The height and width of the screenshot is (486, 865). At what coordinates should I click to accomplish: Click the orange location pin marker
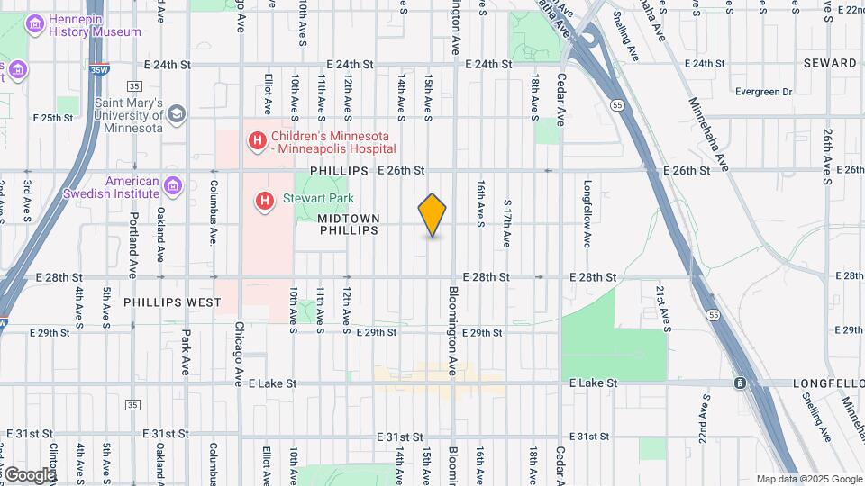(x=432, y=215)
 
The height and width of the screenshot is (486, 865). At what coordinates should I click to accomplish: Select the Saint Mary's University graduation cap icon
(x=176, y=114)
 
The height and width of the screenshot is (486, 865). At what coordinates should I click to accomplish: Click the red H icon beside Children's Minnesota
(x=258, y=140)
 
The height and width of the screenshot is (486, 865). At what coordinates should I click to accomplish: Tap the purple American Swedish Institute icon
(x=173, y=186)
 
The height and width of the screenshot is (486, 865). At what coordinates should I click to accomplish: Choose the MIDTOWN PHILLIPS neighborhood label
(x=348, y=224)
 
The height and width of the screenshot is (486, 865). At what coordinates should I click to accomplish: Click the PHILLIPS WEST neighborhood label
(x=171, y=303)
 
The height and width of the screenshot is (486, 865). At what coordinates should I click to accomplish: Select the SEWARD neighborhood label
(x=831, y=63)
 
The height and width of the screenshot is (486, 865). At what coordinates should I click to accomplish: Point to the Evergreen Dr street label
(x=762, y=92)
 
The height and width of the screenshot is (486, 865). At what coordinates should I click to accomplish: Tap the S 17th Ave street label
(x=507, y=224)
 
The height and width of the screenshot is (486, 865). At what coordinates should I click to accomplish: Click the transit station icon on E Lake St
(x=740, y=383)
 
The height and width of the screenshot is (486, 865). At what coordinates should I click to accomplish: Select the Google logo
(x=29, y=474)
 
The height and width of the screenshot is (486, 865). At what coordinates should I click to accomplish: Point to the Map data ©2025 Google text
(x=808, y=479)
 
